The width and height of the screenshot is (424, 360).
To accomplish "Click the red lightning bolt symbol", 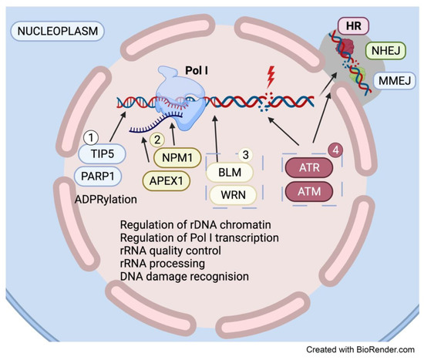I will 270,76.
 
